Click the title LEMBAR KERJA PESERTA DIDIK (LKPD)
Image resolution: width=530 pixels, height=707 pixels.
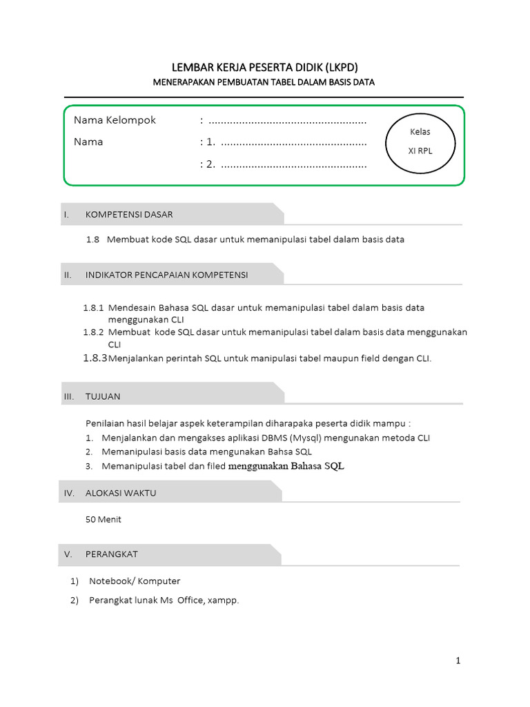point(264,67)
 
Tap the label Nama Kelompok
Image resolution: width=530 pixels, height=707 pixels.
point(115,120)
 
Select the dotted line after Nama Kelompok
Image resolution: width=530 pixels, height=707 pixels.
point(287,122)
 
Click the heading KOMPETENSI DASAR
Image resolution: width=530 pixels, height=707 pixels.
point(129,214)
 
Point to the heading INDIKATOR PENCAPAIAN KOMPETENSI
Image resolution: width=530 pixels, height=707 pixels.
point(166,275)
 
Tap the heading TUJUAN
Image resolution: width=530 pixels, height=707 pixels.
point(103,396)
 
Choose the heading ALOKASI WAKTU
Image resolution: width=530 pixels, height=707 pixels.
point(121,493)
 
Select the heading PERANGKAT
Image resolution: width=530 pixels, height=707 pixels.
point(112,554)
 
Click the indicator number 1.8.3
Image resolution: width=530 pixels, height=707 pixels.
point(95,358)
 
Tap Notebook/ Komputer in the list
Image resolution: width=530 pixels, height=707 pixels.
point(135,581)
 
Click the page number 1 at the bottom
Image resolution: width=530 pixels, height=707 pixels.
point(458,661)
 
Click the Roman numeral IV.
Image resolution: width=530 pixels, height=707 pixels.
point(69,493)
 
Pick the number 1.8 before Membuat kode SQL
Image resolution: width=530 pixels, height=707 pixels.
point(93,240)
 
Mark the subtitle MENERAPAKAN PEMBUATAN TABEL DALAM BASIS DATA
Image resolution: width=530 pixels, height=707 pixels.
point(264,82)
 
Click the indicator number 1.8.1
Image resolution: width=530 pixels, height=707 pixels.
point(93,308)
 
